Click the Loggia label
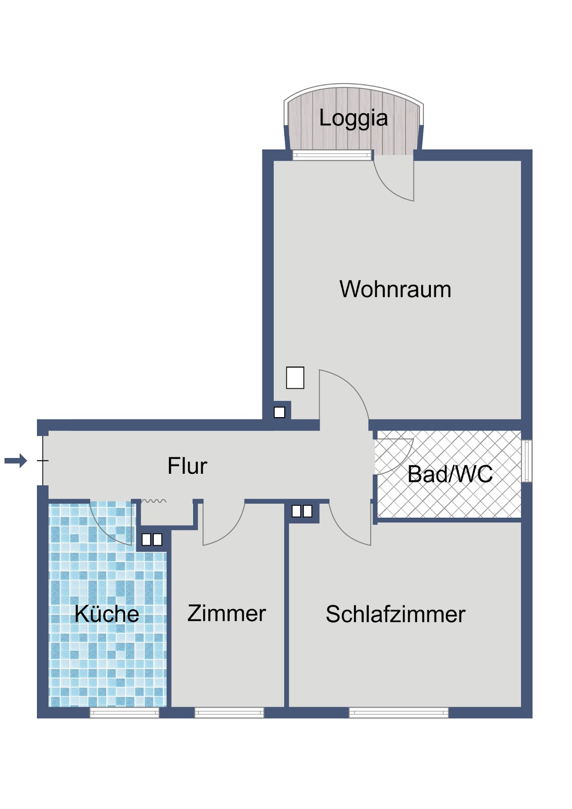354,118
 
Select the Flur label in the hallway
187,466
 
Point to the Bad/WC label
450,474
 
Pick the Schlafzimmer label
395,614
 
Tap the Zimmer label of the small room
227,613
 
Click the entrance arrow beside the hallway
16,461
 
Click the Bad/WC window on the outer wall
527,461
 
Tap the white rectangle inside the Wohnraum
295,377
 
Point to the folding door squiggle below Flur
154,501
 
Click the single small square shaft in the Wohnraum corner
279,412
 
